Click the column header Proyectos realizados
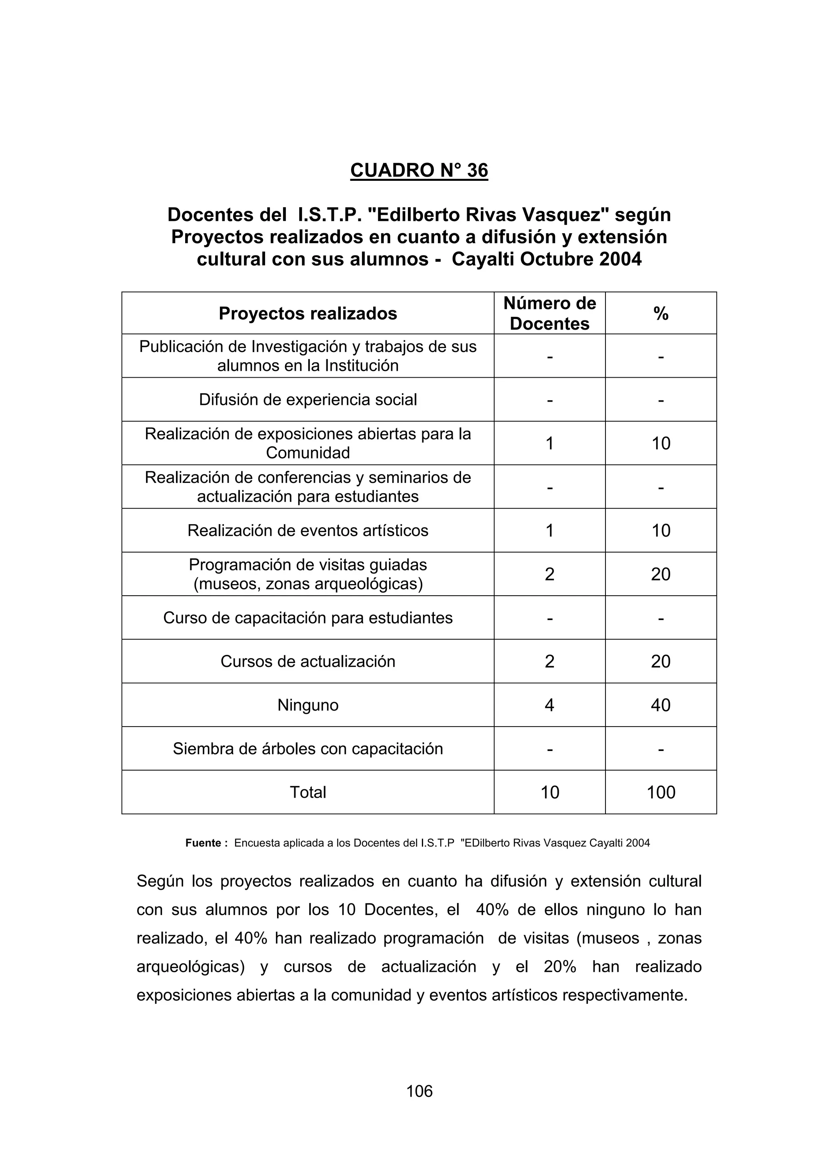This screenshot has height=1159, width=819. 308,314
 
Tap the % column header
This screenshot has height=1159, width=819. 661,314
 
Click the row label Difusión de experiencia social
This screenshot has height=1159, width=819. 308,400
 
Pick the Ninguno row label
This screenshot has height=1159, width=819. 308,705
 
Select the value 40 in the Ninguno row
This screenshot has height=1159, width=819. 661,705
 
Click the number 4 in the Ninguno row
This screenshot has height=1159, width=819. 549,705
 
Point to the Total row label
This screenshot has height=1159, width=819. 308,793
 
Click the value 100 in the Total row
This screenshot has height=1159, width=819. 661,793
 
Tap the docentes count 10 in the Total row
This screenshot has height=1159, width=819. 549,793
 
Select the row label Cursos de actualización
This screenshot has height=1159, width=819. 308,662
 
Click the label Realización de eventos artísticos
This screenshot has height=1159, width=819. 308,530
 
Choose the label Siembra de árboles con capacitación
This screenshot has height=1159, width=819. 308,749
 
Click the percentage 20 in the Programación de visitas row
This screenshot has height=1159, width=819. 661,574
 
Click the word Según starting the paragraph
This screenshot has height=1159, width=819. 160,881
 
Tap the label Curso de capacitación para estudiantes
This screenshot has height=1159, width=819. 308,618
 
